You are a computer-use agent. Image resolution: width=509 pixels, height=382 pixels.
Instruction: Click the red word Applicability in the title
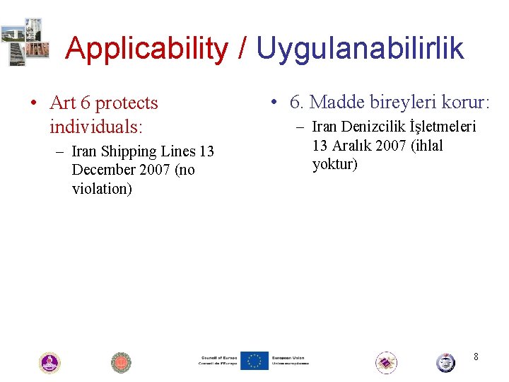click(146, 49)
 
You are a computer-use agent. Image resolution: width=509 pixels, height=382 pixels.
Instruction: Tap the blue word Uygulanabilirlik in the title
click(360, 49)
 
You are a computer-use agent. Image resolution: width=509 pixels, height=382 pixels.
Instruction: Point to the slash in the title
click(242, 49)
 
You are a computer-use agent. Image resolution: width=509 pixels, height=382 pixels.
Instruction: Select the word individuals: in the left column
click(96, 127)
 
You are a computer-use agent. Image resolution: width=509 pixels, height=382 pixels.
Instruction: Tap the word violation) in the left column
click(102, 189)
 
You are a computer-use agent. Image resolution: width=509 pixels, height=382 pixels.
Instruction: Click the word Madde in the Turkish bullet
click(335, 103)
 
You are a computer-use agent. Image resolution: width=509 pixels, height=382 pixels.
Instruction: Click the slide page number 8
click(476, 357)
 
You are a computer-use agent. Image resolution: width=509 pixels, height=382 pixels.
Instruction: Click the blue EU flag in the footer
click(254, 361)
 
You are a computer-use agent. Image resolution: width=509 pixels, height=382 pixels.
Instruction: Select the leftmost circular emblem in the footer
click(49, 363)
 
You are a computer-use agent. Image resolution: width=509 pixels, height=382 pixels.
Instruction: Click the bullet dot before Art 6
click(33, 104)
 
